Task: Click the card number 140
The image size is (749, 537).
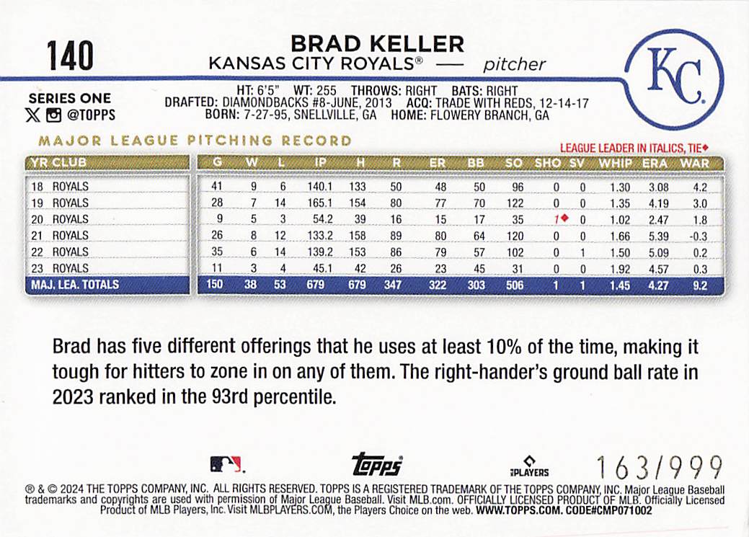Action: pos(70,56)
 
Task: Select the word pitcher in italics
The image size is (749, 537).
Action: pos(514,65)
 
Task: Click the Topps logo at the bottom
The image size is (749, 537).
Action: pos(376,466)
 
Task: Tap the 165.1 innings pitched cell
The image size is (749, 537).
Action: pos(317,203)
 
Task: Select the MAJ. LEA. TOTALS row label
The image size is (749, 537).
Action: pos(74,285)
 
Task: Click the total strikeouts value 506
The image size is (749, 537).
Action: pos(513,285)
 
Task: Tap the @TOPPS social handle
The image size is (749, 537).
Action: pos(90,115)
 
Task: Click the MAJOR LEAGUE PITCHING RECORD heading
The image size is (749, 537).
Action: pos(195,141)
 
